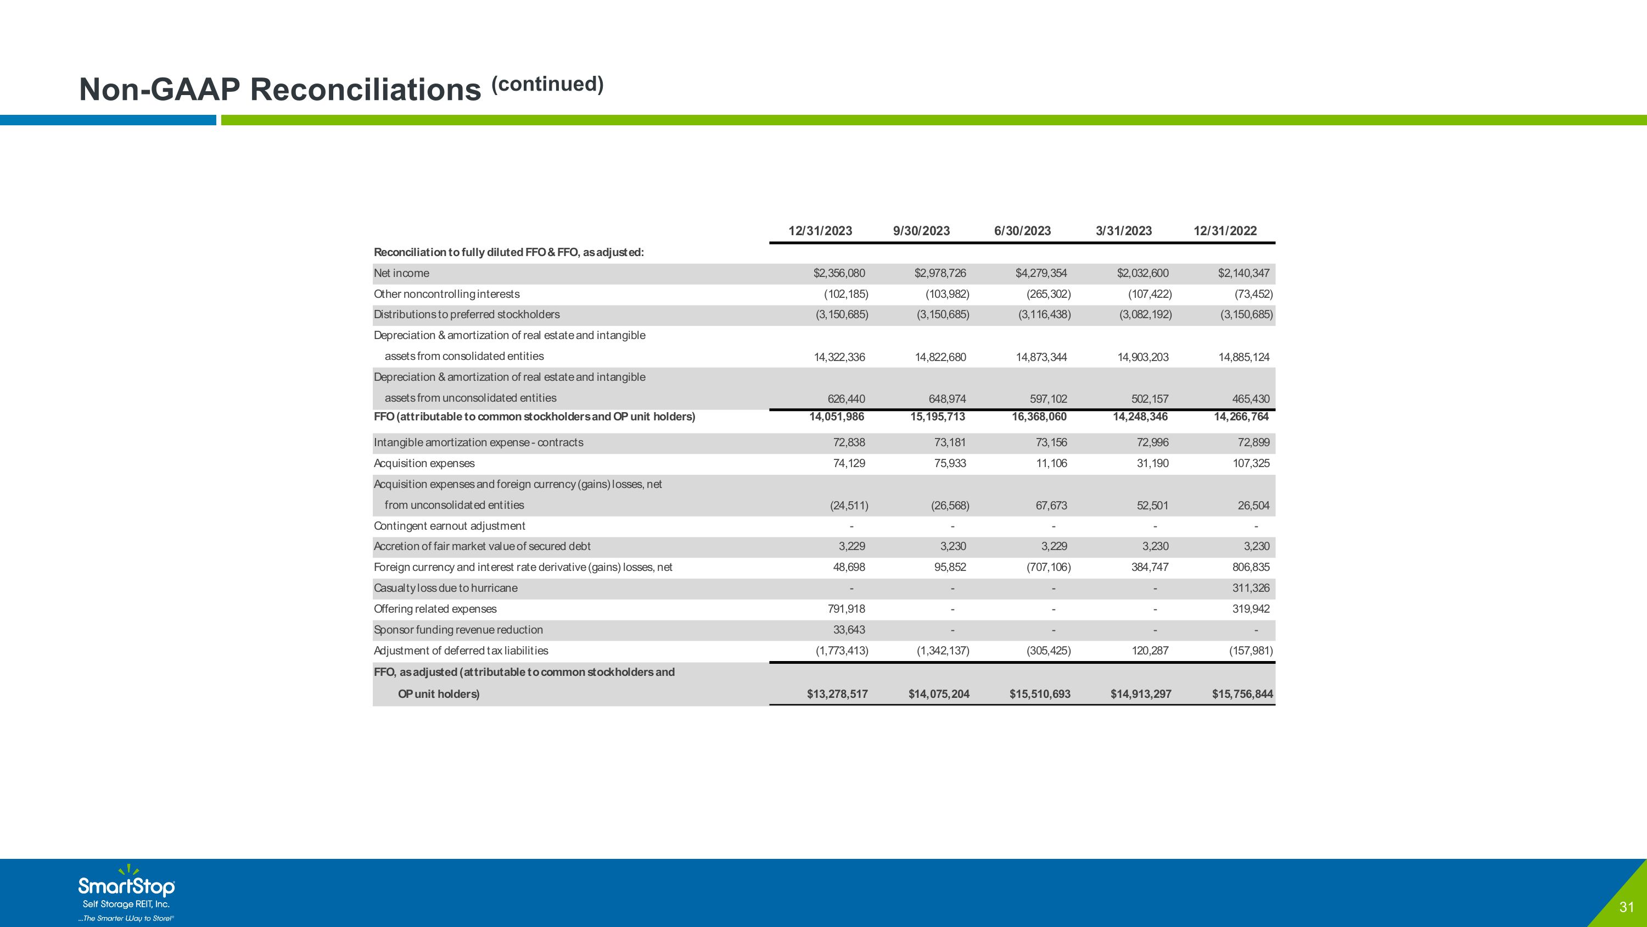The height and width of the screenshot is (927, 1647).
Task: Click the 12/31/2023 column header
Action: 820,231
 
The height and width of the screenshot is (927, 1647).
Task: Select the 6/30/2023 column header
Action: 1022,231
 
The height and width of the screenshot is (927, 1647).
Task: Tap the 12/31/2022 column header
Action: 1225,231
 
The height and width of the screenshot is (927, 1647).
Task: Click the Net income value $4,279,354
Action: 1041,273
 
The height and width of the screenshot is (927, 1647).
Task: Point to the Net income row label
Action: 401,273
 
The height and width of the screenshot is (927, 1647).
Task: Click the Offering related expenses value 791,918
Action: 847,609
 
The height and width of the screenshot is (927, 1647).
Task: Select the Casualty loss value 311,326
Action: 1251,588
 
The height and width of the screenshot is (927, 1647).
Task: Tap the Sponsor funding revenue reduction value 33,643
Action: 849,630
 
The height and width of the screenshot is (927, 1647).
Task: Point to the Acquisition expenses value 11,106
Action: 1051,463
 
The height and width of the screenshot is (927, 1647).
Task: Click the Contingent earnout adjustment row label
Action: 450,526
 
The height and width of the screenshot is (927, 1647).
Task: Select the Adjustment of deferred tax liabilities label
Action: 461,651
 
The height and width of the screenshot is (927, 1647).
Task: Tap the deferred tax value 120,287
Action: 1150,651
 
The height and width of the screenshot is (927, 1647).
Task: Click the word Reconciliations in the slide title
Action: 365,89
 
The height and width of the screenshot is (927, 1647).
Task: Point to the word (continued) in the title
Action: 547,84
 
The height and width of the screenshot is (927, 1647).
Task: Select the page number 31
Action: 1627,907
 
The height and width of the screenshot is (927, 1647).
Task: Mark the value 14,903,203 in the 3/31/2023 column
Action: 1143,357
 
